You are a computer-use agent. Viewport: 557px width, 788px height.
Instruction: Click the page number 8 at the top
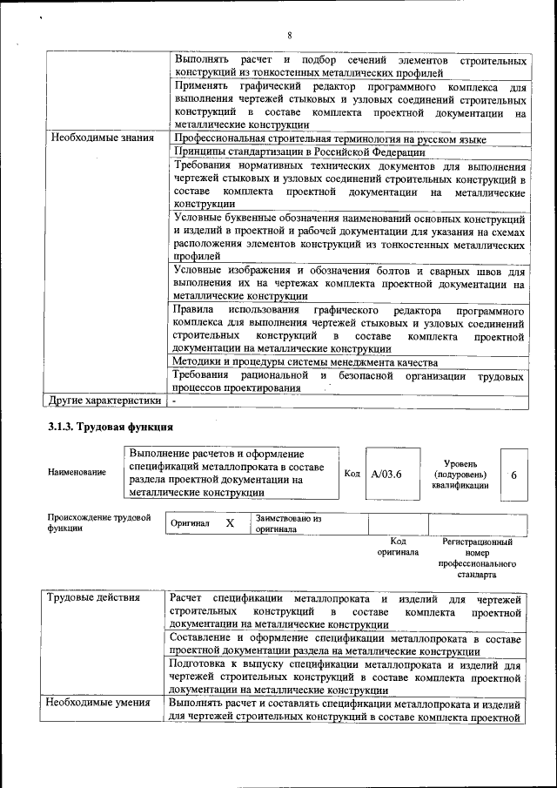pyautogui.click(x=289, y=35)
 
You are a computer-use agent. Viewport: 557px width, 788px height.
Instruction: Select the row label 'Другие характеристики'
pyautogui.click(x=104, y=401)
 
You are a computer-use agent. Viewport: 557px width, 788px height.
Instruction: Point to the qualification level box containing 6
pyautogui.click(x=513, y=475)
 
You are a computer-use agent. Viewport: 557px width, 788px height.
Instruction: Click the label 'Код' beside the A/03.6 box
pyautogui.click(x=352, y=474)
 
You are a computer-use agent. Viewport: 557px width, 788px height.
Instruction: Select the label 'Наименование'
pyautogui.click(x=77, y=472)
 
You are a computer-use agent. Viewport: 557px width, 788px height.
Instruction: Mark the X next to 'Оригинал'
pyautogui.click(x=230, y=523)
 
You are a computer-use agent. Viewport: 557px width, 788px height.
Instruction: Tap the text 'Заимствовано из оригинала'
pyautogui.click(x=288, y=523)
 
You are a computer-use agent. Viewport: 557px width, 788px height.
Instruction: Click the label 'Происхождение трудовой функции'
pyautogui.click(x=99, y=522)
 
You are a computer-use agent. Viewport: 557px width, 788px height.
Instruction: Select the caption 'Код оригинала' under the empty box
pyautogui.click(x=397, y=547)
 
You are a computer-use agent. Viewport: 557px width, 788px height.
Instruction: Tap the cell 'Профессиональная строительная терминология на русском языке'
pyautogui.click(x=329, y=138)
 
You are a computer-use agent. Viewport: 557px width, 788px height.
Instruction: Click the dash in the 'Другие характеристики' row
pyautogui.click(x=174, y=401)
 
